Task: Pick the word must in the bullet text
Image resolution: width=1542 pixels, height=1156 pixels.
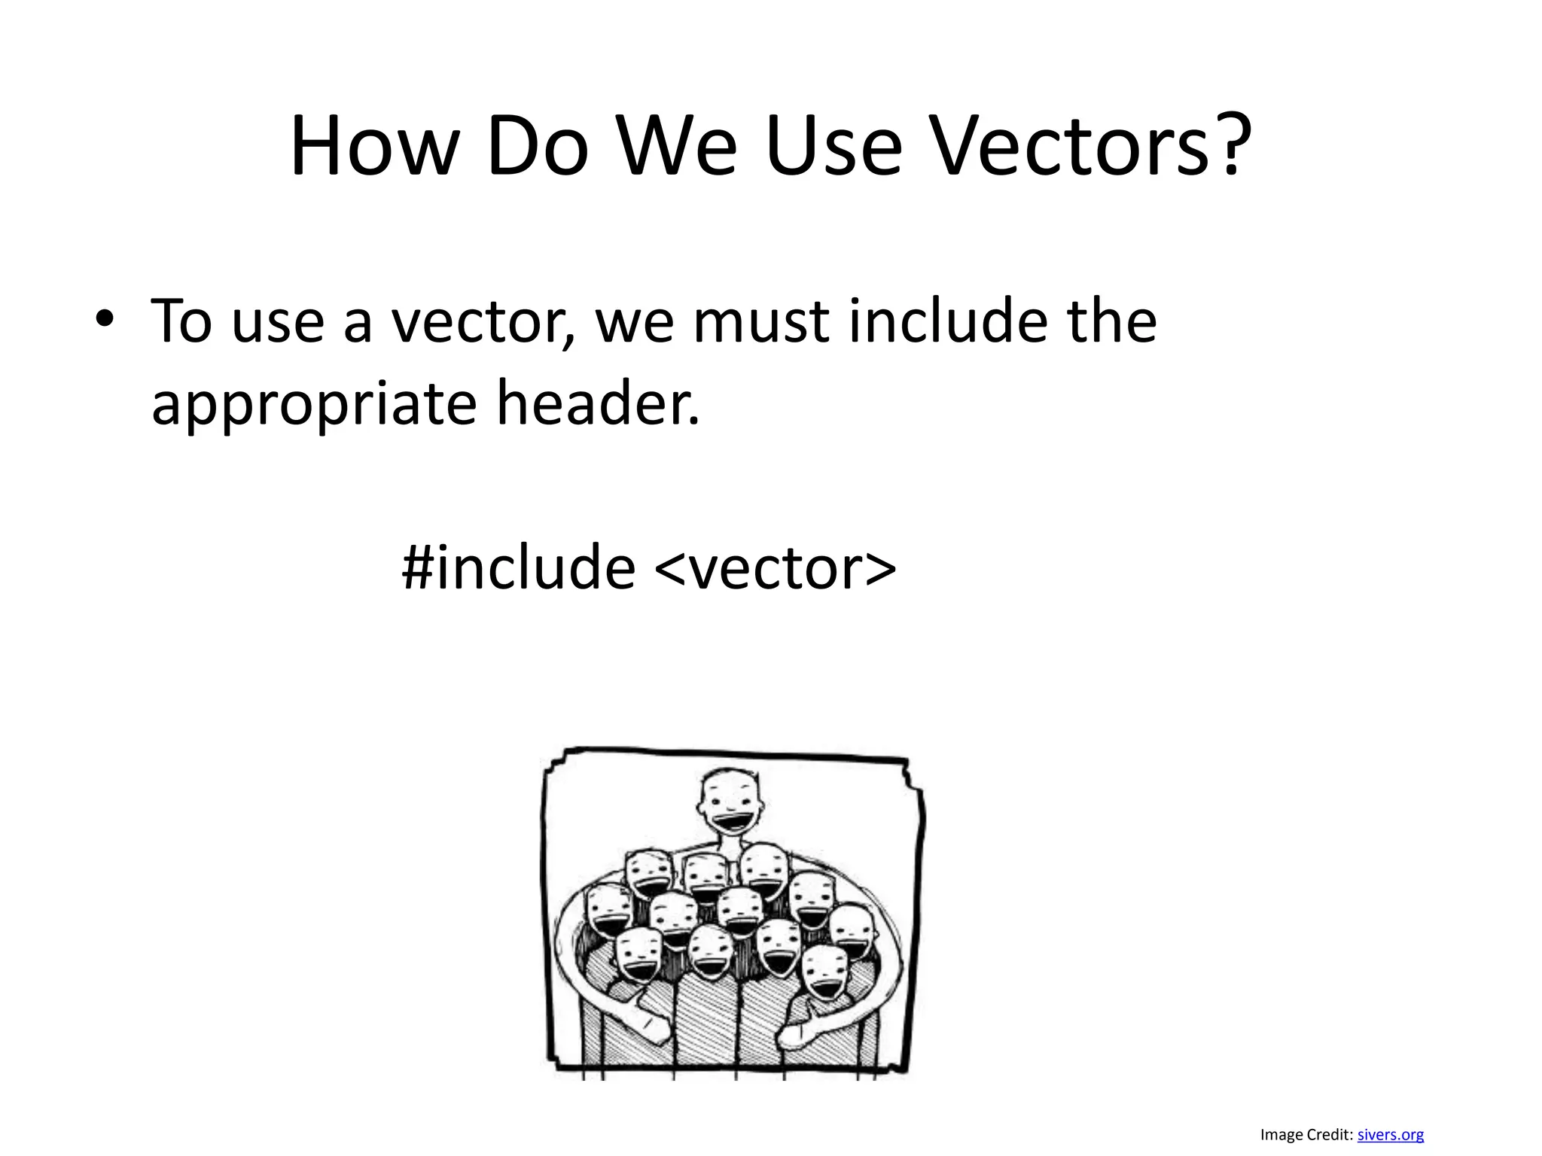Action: point(761,322)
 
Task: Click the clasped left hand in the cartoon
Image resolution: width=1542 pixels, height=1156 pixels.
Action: point(648,1024)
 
